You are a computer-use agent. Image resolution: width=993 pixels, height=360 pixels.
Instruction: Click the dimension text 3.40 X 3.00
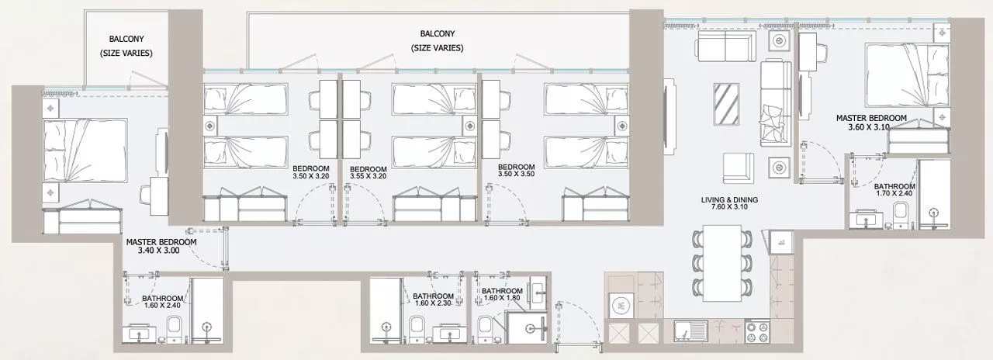[x=159, y=251]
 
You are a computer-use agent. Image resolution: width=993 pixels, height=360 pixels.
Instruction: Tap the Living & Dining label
[x=729, y=200]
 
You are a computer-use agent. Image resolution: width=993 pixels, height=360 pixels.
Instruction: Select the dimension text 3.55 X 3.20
[x=368, y=176]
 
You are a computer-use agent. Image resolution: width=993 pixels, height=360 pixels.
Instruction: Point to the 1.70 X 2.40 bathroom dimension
[x=894, y=193]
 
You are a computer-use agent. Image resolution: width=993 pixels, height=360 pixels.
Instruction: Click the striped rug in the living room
[x=727, y=105]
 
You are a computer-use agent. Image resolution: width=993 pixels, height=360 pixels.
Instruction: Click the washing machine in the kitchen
[x=621, y=305]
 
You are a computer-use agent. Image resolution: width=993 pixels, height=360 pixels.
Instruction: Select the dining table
[x=722, y=263]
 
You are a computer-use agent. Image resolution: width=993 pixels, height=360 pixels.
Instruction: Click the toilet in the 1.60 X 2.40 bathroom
[x=175, y=330]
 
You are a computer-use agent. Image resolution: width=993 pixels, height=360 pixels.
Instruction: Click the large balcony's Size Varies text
[x=437, y=48]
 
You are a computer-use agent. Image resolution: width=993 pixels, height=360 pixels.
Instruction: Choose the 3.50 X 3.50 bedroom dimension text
[x=516, y=175]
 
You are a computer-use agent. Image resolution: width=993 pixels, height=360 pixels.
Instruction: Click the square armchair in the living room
[x=738, y=168]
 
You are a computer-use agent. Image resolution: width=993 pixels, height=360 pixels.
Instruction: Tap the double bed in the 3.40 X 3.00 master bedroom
[x=85, y=151]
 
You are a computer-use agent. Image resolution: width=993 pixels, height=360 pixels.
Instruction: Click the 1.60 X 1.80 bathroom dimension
[x=502, y=298]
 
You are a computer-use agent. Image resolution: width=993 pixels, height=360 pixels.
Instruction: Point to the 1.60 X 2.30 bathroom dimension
[x=433, y=303]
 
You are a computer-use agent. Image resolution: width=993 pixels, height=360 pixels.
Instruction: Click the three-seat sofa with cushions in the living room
[x=776, y=102]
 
